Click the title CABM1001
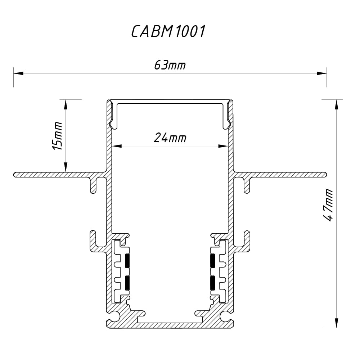(168, 32)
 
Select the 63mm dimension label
(170, 66)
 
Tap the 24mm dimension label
(170, 138)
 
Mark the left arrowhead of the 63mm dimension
(18, 73)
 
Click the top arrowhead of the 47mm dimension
(336, 104)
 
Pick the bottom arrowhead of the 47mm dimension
(336, 323)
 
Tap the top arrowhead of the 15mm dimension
(66, 104)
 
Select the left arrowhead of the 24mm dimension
(117, 146)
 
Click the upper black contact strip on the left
(127, 261)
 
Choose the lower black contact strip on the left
(127, 283)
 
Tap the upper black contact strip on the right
(212, 261)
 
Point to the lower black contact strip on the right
(212, 283)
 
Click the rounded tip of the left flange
(15, 175)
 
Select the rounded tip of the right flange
(325, 175)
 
